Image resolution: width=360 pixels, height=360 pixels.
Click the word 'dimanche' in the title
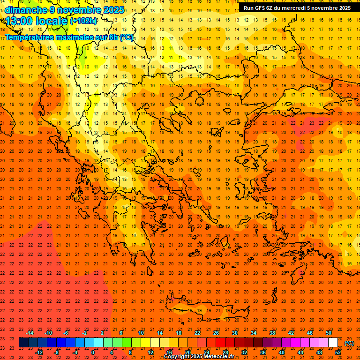click(26, 10)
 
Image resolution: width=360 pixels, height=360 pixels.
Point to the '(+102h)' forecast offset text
click(83, 21)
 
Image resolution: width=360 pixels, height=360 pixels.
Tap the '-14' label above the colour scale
click(30, 332)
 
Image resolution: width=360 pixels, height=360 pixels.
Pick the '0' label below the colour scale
click(92, 352)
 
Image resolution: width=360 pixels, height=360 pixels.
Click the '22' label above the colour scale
click(197, 332)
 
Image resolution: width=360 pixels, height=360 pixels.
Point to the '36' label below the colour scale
click(263, 352)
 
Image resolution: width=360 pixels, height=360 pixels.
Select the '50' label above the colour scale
click(329, 332)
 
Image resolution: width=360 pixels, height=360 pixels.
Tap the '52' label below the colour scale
click(338, 352)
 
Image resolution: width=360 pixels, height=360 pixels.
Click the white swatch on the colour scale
click(333, 343)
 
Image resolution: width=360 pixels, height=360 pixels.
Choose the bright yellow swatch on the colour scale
click(145, 343)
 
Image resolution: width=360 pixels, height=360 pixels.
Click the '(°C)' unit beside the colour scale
click(349, 343)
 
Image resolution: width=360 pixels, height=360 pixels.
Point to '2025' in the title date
click(114, 10)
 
